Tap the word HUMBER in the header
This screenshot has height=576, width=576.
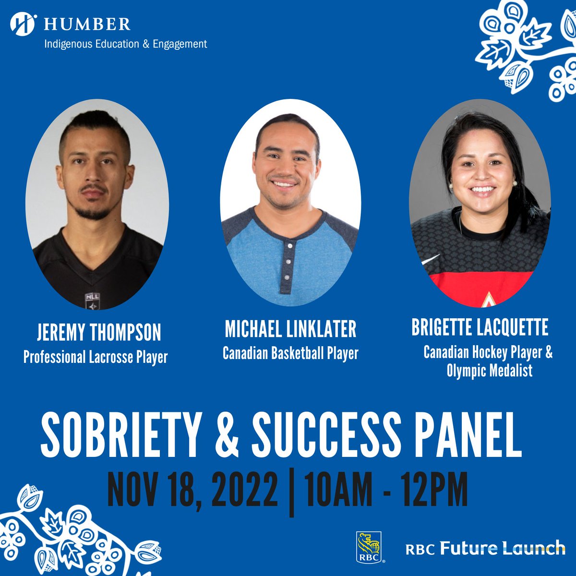point(87,24)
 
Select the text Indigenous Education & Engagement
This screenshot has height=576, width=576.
point(125,44)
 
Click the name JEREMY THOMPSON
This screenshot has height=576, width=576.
point(99,332)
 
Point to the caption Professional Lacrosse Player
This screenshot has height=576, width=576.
point(96,357)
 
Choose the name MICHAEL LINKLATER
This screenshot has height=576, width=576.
point(290,329)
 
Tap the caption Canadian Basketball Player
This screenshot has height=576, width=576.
point(290,354)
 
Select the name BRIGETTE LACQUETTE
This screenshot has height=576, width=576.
point(480,327)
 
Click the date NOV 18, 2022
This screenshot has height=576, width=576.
point(192,490)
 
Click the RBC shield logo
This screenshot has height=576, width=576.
point(369,547)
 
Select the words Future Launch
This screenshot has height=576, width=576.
point(503,548)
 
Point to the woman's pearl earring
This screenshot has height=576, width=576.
point(514,183)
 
